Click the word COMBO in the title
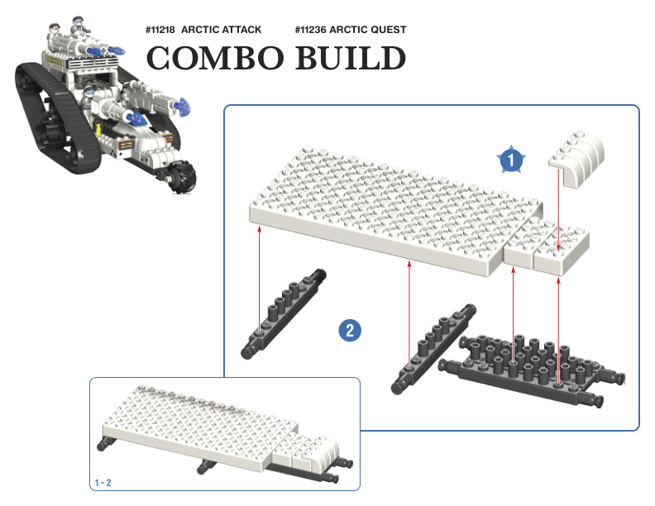(x=215, y=58)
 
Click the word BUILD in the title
(x=351, y=58)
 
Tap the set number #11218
(x=160, y=30)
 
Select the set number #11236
(x=310, y=30)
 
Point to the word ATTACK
(x=241, y=30)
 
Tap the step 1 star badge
(x=511, y=159)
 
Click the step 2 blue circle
(x=350, y=330)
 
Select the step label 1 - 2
(x=103, y=483)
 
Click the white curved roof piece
(x=577, y=159)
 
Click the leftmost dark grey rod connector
(x=283, y=313)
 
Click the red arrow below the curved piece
(x=558, y=209)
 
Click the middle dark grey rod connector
(x=433, y=348)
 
